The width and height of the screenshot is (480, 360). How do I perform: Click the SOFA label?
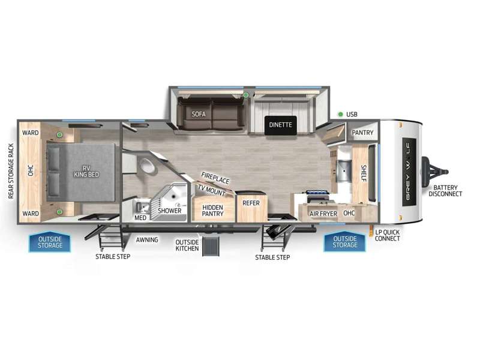[x=199, y=114]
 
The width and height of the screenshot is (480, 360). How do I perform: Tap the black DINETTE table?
[x=281, y=125]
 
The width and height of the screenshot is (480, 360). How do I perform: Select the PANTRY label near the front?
[x=362, y=133]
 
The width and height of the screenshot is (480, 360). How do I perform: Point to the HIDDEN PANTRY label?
[x=212, y=211]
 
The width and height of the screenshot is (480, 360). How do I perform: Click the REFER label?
[x=251, y=203]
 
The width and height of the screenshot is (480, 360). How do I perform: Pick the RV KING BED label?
[x=86, y=172]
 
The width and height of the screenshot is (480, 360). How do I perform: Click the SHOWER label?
[x=170, y=211]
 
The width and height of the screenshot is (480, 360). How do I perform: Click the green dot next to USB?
[x=340, y=114]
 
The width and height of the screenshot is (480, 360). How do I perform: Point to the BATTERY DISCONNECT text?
[x=445, y=190]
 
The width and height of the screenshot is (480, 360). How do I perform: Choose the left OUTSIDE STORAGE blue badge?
[x=50, y=242]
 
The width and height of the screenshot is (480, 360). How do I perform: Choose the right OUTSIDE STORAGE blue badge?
[x=345, y=242]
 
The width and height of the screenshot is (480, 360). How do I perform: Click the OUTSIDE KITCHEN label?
[x=187, y=245]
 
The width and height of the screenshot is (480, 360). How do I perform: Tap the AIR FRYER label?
[x=323, y=214]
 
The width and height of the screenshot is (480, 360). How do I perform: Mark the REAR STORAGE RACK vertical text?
[x=11, y=171]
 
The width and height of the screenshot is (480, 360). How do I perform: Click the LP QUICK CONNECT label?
[x=387, y=235]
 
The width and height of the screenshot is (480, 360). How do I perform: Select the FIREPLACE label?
[x=215, y=178]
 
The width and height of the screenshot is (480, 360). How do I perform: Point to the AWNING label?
[x=147, y=239]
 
